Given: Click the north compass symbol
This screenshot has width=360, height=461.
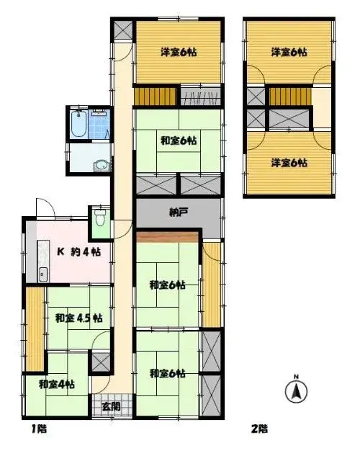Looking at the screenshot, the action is click(x=296, y=390).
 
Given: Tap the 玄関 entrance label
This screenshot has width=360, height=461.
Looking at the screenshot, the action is click(x=111, y=406).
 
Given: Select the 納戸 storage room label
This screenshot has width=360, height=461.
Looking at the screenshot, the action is click(x=179, y=212).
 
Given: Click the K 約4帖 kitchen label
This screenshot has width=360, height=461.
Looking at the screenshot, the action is click(x=79, y=251).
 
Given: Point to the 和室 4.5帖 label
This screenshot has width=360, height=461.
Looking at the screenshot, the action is click(x=79, y=318).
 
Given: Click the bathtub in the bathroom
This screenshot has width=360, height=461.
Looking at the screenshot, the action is click(x=78, y=124).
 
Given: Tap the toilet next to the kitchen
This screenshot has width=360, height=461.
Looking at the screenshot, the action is click(x=100, y=218).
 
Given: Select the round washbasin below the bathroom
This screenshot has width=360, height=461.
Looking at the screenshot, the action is click(x=101, y=166).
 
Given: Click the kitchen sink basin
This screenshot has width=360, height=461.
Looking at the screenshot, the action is click(x=43, y=274).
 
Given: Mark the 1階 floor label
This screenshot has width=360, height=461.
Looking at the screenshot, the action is click(x=39, y=429).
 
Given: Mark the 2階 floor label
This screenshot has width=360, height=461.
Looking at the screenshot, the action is click(x=259, y=429).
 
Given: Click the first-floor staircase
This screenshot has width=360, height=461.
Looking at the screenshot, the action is click(x=156, y=96).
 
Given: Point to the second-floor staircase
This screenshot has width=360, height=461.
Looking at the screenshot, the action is click(x=290, y=96).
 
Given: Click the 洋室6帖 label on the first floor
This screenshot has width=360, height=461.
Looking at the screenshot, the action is click(x=179, y=53).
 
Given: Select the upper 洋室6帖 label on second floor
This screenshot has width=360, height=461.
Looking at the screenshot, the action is click(x=289, y=53).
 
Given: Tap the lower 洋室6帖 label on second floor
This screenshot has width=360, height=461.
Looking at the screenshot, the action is click(x=289, y=163).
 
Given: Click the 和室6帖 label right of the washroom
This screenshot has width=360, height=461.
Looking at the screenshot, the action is click(x=179, y=140).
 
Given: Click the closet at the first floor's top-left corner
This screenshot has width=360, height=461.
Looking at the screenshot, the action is click(x=123, y=30).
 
